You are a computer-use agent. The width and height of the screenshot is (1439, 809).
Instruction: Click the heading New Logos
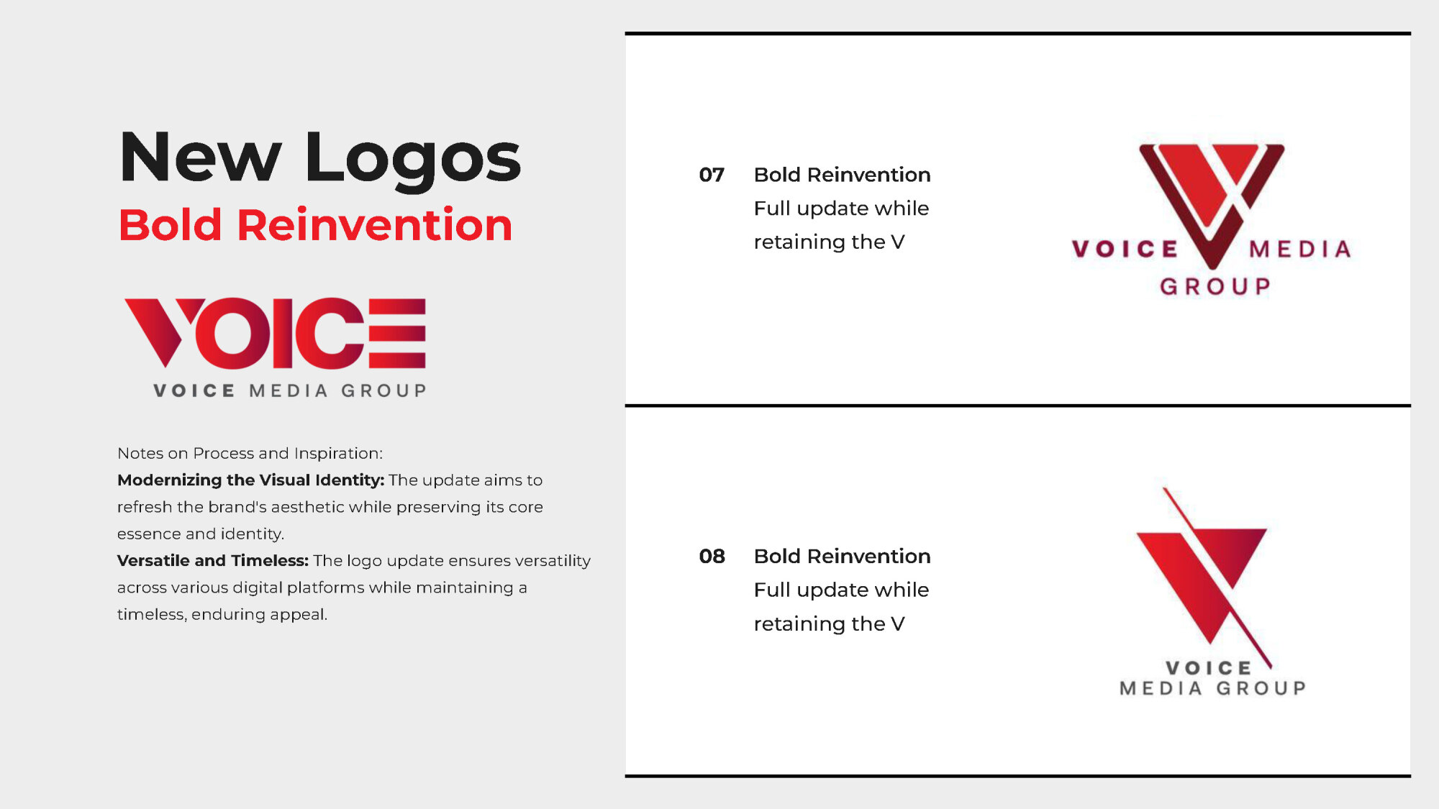pos(320,158)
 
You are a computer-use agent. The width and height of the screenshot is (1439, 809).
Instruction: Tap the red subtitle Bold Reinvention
pos(316,225)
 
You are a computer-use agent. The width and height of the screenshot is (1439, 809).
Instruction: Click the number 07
pos(712,175)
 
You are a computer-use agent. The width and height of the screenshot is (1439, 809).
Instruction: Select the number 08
pos(712,556)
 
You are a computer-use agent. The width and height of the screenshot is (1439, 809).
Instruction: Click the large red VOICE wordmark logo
pos(275,333)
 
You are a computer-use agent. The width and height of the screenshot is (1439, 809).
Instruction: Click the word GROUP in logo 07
pos(1215,286)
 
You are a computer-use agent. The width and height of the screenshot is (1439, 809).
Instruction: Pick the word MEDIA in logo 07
pos(1300,249)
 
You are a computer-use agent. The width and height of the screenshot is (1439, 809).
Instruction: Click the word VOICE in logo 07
pos(1125,249)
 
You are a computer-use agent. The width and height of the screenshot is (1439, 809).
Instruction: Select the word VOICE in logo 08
pos(1209,668)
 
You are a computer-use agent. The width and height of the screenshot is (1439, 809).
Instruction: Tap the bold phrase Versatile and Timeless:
pos(213,560)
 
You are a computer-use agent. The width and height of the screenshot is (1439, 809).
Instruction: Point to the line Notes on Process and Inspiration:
pos(250,453)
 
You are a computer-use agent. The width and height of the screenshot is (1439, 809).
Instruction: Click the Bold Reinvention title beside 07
pos(842,175)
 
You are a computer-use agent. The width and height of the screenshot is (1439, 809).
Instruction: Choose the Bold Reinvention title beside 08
pos(842,556)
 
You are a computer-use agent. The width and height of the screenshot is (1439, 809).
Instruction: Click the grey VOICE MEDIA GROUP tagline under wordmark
pos(290,390)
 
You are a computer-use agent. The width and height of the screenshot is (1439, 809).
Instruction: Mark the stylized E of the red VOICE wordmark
pos(397,333)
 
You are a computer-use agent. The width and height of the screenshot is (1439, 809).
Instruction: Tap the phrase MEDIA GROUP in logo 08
pos(1213,688)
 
